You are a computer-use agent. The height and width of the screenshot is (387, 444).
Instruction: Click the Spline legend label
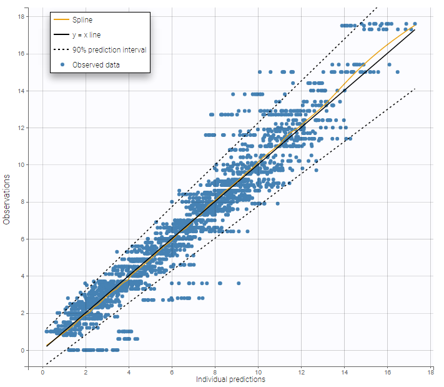pos(82,21)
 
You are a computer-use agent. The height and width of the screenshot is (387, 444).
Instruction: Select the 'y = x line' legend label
pos(86,35)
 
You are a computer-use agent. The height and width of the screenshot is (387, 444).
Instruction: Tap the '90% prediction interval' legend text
pos(109,50)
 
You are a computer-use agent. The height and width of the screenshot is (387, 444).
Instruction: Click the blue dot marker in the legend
pos(62,64)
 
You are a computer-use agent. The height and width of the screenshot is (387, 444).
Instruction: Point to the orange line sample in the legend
pos(61,21)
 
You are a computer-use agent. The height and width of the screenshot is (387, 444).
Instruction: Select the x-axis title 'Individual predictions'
pos(230,379)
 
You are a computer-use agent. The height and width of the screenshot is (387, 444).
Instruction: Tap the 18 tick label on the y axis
pos(21,17)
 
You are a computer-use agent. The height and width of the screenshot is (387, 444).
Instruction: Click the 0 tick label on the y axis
pos(22,350)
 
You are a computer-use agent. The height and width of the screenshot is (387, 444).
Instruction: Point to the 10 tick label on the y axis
pos(21,165)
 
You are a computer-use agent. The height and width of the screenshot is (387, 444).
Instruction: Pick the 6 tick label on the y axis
pos(22,239)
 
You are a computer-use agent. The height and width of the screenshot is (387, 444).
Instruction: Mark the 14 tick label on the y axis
pos(21,91)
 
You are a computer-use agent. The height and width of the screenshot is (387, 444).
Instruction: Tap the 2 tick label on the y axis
pos(22,313)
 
